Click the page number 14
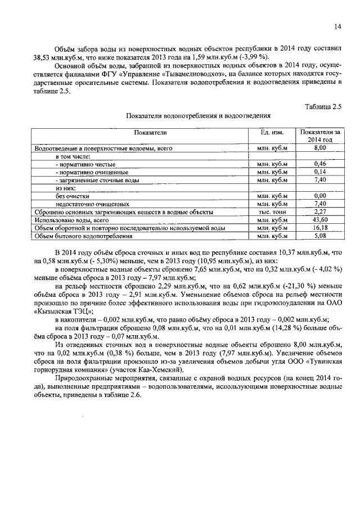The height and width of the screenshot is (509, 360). click(x=337, y=26)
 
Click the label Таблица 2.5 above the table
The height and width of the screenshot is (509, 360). click(x=323, y=106)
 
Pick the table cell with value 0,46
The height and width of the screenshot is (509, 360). click(x=320, y=164)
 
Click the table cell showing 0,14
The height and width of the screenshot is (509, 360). click(x=320, y=172)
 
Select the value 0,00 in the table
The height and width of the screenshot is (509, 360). click(x=320, y=196)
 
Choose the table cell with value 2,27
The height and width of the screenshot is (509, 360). click(x=320, y=212)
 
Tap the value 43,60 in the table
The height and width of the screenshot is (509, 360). click(x=320, y=220)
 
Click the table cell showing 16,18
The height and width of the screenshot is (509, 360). click(x=320, y=228)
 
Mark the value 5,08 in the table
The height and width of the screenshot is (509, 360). click(x=320, y=236)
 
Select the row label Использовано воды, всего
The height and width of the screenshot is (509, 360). click(x=71, y=220)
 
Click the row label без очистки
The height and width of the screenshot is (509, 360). click(x=73, y=196)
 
